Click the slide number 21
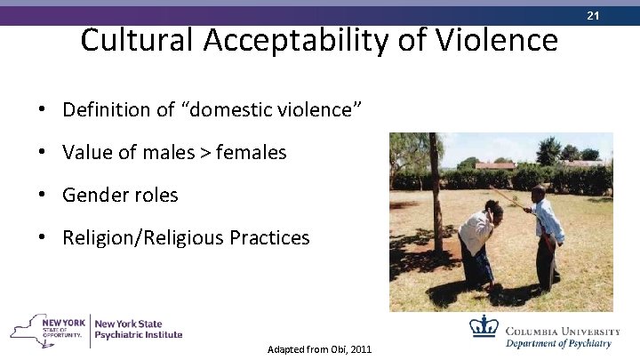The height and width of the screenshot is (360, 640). [x=617, y=15]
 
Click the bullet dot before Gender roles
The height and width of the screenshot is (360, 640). [x=43, y=196]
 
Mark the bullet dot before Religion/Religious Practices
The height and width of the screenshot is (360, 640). [x=43, y=238]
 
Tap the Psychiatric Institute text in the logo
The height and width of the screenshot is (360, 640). [x=139, y=335]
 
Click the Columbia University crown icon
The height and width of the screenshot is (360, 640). [x=484, y=326]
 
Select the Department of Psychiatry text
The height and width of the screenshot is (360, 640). [x=559, y=344]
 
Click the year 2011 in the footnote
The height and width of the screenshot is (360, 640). [x=361, y=350]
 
